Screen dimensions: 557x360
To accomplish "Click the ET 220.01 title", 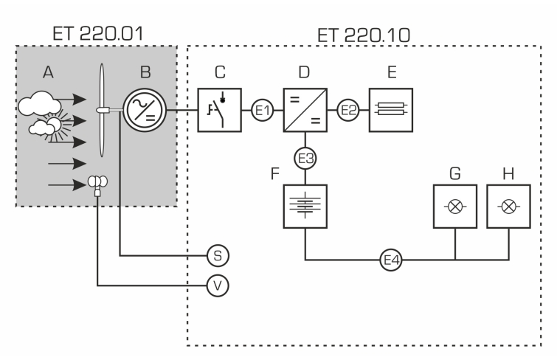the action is click(97, 34).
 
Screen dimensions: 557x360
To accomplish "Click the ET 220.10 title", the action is click(364, 35).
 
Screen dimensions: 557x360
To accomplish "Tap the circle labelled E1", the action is click(263, 110).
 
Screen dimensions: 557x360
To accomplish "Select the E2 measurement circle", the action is click(348, 110).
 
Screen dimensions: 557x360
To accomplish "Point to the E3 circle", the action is click(305, 158).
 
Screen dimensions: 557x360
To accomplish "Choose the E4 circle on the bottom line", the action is click(391, 260).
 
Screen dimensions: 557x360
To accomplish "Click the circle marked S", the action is click(218, 255).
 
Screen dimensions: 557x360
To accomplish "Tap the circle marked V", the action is click(218, 285).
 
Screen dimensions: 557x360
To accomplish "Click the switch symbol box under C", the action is click(220, 110).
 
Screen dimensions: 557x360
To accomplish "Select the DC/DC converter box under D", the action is click(305, 110).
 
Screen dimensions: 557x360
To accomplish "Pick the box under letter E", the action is click(391, 110).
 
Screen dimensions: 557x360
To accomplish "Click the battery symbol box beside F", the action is click(305, 207).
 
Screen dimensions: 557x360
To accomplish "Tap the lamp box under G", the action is click(455, 207).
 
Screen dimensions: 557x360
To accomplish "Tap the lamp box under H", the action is click(509, 207).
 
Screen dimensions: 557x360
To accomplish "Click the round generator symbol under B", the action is click(145, 110).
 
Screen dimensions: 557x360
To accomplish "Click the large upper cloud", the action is click(39, 104).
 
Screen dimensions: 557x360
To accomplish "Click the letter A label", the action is click(48, 72).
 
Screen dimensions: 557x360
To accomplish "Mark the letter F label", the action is click(275, 174).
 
